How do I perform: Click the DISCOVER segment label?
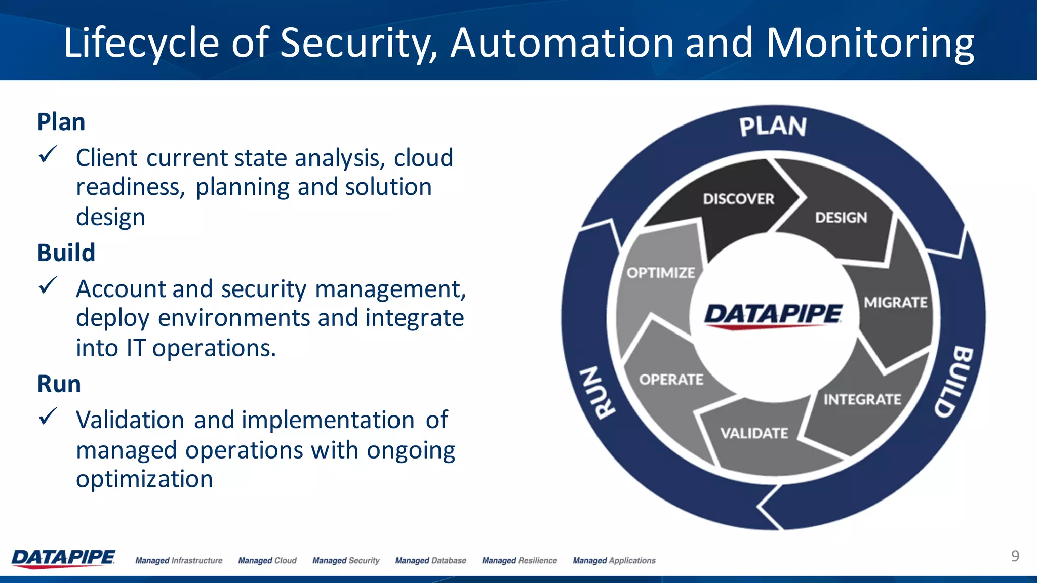tap(738, 199)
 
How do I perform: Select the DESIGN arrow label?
tap(841, 218)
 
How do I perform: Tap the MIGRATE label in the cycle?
tap(895, 303)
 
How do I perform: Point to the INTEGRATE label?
tap(862, 400)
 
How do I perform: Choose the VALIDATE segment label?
tap(754, 433)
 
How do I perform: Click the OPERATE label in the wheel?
tap(671, 380)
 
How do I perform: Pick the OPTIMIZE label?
tap(661, 273)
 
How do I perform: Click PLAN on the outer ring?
tap(773, 127)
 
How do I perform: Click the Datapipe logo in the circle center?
tap(773, 315)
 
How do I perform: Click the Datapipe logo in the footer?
tap(63, 558)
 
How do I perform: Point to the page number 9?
tap(1015, 556)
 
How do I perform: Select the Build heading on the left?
tap(66, 253)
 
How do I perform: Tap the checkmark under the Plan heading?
tap(48, 155)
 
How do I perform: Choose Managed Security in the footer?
tap(346, 560)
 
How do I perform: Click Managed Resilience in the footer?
tap(519, 560)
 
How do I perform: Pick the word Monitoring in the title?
tap(870, 44)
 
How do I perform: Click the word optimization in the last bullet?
tap(144, 479)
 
